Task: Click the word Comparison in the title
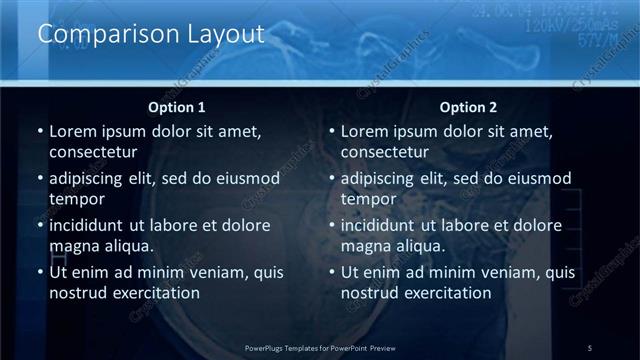pos(98,34)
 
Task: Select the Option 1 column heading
pos(177,107)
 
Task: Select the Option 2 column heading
pos(469,107)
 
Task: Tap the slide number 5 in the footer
pos(589,348)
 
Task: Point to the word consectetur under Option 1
pos(93,152)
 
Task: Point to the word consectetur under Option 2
pos(385,152)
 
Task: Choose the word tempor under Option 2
pos(369,199)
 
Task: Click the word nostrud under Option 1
pos(78,293)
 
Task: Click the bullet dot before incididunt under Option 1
pos(39,226)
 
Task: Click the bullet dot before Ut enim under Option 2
pos(331,273)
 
